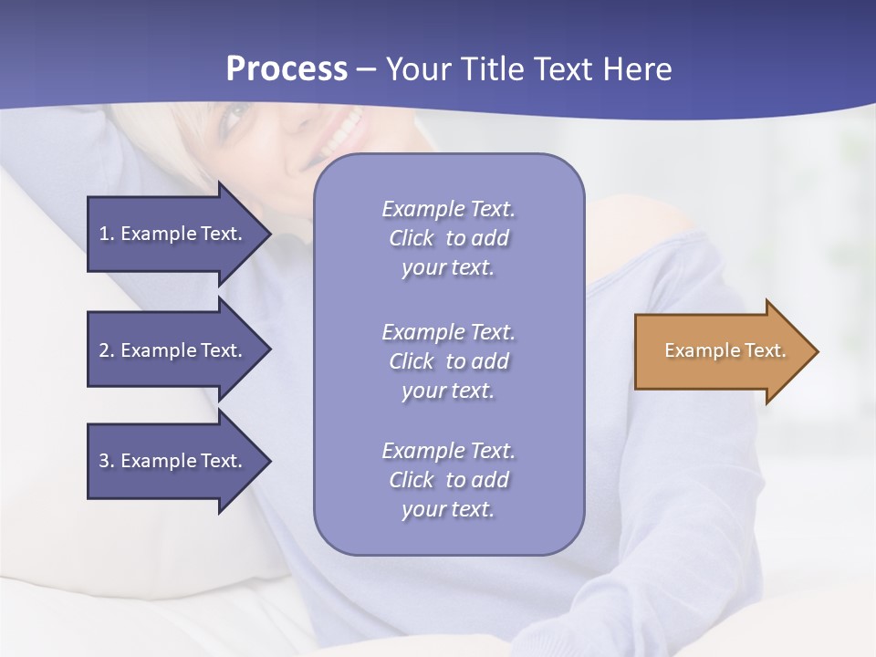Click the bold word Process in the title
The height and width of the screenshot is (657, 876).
pyautogui.click(x=287, y=69)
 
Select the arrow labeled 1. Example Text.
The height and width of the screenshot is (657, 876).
pyautogui.click(x=173, y=234)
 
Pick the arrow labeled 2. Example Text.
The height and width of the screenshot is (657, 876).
pyautogui.click(x=173, y=350)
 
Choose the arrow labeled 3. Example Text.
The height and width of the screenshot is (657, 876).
pyautogui.click(x=173, y=461)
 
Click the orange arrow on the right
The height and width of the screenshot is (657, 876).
pyautogui.click(x=721, y=351)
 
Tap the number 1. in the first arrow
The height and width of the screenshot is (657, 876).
pyautogui.click(x=107, y=234)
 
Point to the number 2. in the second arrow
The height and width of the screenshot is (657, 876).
pyautogui.click(x=107, y=350)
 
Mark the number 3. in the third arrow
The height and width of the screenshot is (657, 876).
pyautogui.click(x=107, y=461)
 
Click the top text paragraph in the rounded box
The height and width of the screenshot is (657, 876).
pyautogui.click(x=448, y=238)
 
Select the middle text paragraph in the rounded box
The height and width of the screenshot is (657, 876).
pyautogui.click(x=448, y=361)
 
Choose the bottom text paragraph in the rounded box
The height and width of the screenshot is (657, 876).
pyautogui.click(x=448, y=480)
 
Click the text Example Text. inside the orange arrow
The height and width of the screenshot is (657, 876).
pyautogui.click(x=725, y=350)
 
